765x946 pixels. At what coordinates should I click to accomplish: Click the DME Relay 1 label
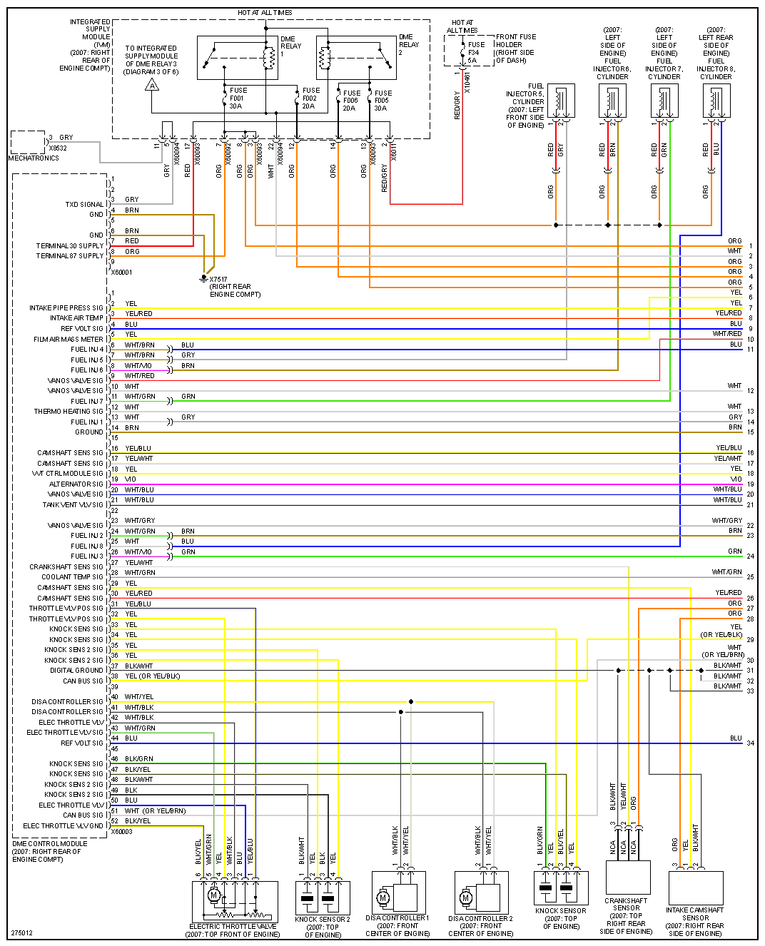point(290,46)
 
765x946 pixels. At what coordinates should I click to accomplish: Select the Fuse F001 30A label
point(236,98)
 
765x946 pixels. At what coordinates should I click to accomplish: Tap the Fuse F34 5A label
point(476,52)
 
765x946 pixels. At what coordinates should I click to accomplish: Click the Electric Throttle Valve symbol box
point(235,902)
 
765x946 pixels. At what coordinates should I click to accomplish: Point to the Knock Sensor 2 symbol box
point(323,897)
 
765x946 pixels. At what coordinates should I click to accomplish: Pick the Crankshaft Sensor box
point(628,878)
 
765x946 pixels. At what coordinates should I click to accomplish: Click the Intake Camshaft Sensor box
point(695,887)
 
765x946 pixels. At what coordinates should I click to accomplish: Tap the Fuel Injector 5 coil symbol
point(561,101)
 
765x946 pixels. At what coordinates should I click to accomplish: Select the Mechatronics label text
point(34,158)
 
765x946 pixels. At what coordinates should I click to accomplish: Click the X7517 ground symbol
point(204,278)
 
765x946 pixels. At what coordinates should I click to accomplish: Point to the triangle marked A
point(152,86)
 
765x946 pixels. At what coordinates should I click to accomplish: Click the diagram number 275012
point(22,933)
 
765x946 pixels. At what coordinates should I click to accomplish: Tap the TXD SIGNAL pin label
point(84,205)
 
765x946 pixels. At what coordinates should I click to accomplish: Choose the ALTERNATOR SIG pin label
point(76,484)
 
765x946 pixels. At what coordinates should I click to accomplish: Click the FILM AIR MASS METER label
point(69,340)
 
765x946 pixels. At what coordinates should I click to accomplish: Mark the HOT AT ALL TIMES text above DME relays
point(265,13)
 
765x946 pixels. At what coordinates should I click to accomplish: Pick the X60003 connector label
point(122,832)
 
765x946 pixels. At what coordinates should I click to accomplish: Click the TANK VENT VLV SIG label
point(73,505)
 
